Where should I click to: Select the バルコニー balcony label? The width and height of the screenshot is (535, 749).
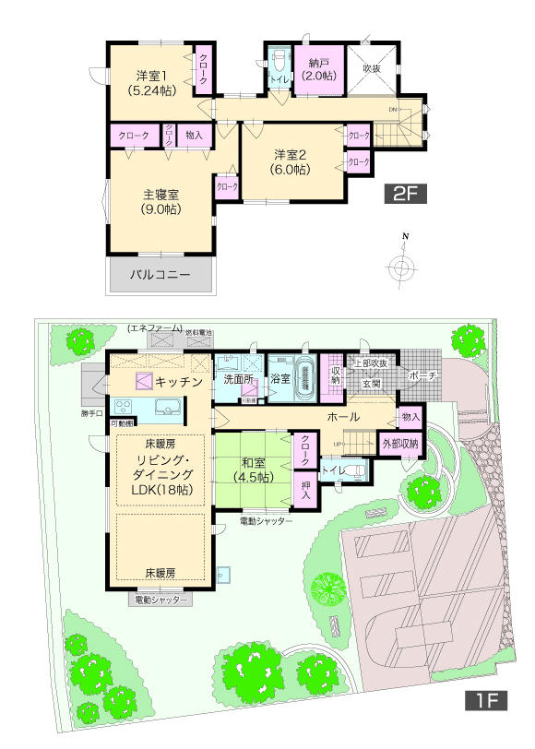pyautogui.click(x=160, y=275)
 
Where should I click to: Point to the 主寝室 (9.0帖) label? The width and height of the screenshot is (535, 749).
pyautogui.click(x=160, y=202)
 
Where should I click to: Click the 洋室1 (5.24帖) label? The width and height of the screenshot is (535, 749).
pyautogui.click(x=153, y=84)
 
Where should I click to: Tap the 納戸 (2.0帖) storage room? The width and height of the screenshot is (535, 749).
pyautogui.click(x=319, y=70)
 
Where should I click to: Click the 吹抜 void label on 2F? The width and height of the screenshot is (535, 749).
pyautogui.click(x=372, y=68)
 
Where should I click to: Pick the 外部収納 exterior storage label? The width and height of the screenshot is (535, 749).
pyautogui.click(x=400, y=444)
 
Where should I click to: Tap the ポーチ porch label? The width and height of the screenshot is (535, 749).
pyautogui.click(x=422, y=376)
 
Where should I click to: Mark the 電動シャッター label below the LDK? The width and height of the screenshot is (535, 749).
pyautogui.click(x=160, y=600)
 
